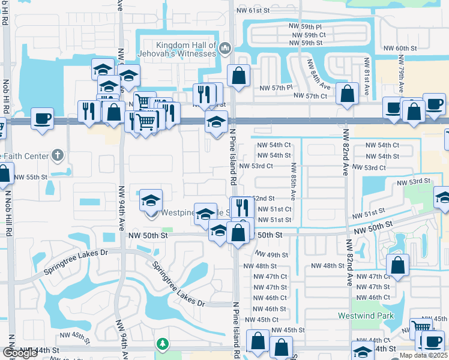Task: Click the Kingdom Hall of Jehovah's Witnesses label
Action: click(x=185, y=49)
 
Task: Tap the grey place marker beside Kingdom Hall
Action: click(x=225, y=48)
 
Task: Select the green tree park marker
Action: click(x=161, y=344)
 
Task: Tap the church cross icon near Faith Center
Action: click(x=57, y=155)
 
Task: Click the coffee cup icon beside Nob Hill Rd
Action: click(x=42, y=118)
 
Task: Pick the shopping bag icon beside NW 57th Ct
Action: click(x=348, y=93)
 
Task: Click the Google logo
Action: click(x=20, y=353)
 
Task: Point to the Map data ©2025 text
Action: click(x=423, y=355)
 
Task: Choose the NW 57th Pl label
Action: click(x=276, y=88)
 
